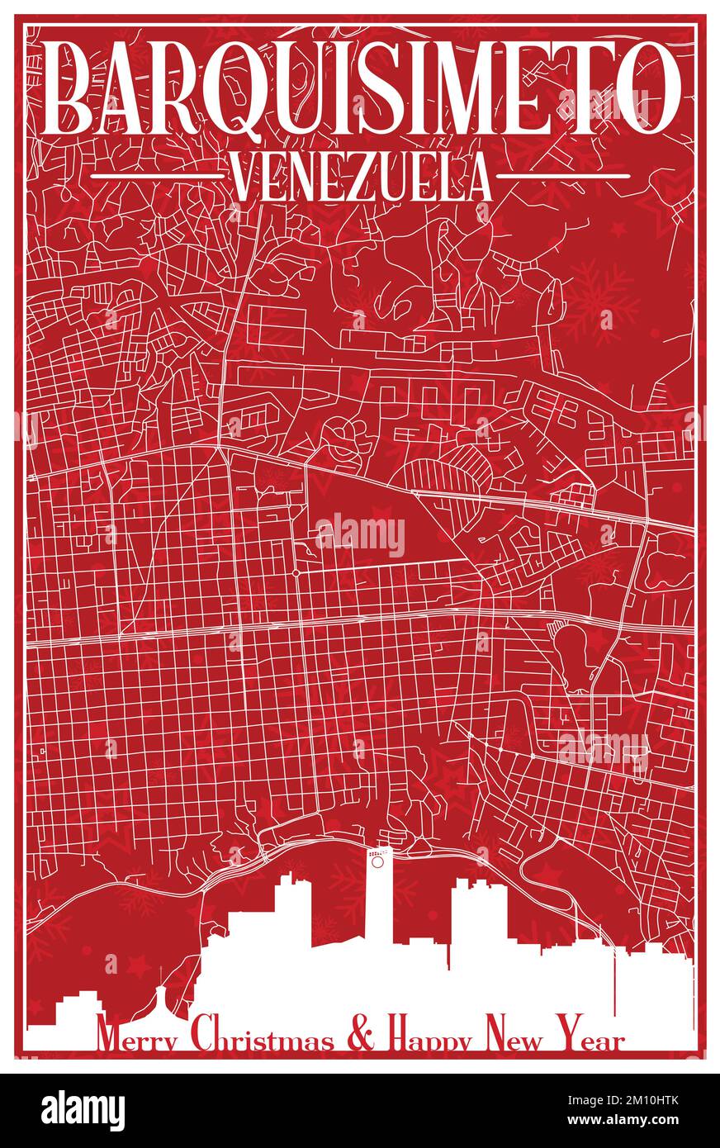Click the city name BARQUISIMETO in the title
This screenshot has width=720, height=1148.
pos(363,87)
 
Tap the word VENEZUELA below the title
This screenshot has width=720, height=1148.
pos(360,177)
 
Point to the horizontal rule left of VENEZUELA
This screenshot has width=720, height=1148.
pos(156,176)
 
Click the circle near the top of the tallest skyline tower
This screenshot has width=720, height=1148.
pos(377,862)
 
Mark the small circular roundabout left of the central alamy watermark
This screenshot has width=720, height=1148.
pos(295,572)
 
